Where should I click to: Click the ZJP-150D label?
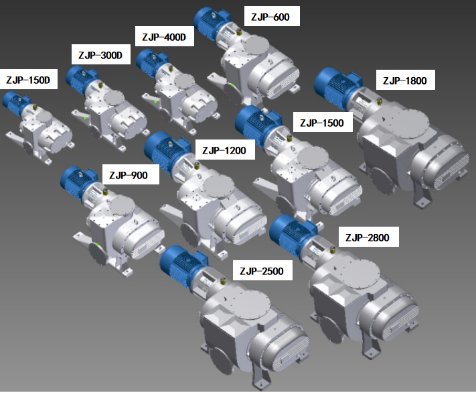tap(28, 80)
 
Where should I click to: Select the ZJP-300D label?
tap(100, 55)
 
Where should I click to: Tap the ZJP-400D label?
tap(164, 37)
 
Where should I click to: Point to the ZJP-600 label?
tap(270, 17)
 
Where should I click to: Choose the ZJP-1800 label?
tap(405, 80)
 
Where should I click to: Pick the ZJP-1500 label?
tap(322, 123)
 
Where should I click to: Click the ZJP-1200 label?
tap(224, 150)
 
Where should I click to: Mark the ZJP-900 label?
tap(129, 175)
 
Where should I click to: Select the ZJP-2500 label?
tap(262, 271)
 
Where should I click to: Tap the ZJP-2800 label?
tap(368, 237)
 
